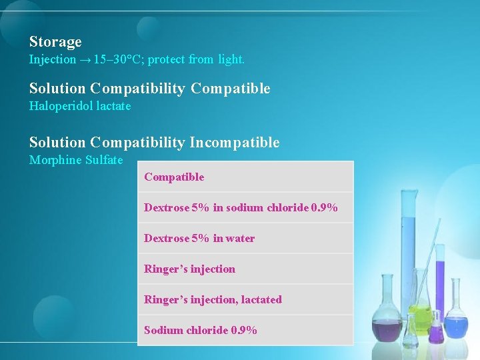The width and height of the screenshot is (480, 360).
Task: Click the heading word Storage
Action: point(55,42)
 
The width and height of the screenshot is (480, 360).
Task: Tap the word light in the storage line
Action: point(231,60)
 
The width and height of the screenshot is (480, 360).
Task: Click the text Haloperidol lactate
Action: point(80,106)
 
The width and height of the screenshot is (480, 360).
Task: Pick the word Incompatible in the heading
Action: point(235,142)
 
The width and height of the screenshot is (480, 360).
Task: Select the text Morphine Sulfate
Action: point(76,160)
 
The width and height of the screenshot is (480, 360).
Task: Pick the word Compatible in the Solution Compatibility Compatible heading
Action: point(230,89)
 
